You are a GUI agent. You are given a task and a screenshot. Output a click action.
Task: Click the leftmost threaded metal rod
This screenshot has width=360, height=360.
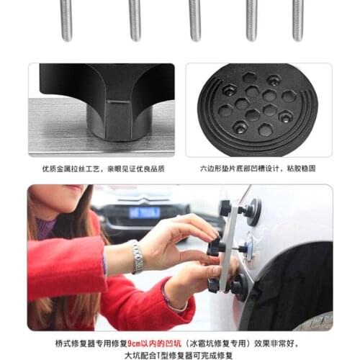pyautogui.click(x=66, y=19)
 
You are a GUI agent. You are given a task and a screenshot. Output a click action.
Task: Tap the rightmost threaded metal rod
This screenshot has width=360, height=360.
pyautogui.click(x=297, y=19)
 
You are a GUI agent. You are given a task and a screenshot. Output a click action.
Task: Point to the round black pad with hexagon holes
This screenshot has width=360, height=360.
pyautogui.click(x=258, y=109)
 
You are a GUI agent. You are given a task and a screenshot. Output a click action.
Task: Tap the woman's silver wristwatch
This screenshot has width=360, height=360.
pyautogui.click(x=137, y=256)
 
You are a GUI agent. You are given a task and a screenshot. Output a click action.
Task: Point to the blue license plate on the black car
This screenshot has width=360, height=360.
pyautogui.click(x=145, y=212)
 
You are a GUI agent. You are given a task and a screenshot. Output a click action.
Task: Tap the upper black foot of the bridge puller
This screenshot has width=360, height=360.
pyautogui.click(x=227, y=209)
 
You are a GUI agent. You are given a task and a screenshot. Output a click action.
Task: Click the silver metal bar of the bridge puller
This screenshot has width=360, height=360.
pyautogui.click(x=229, y=248)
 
